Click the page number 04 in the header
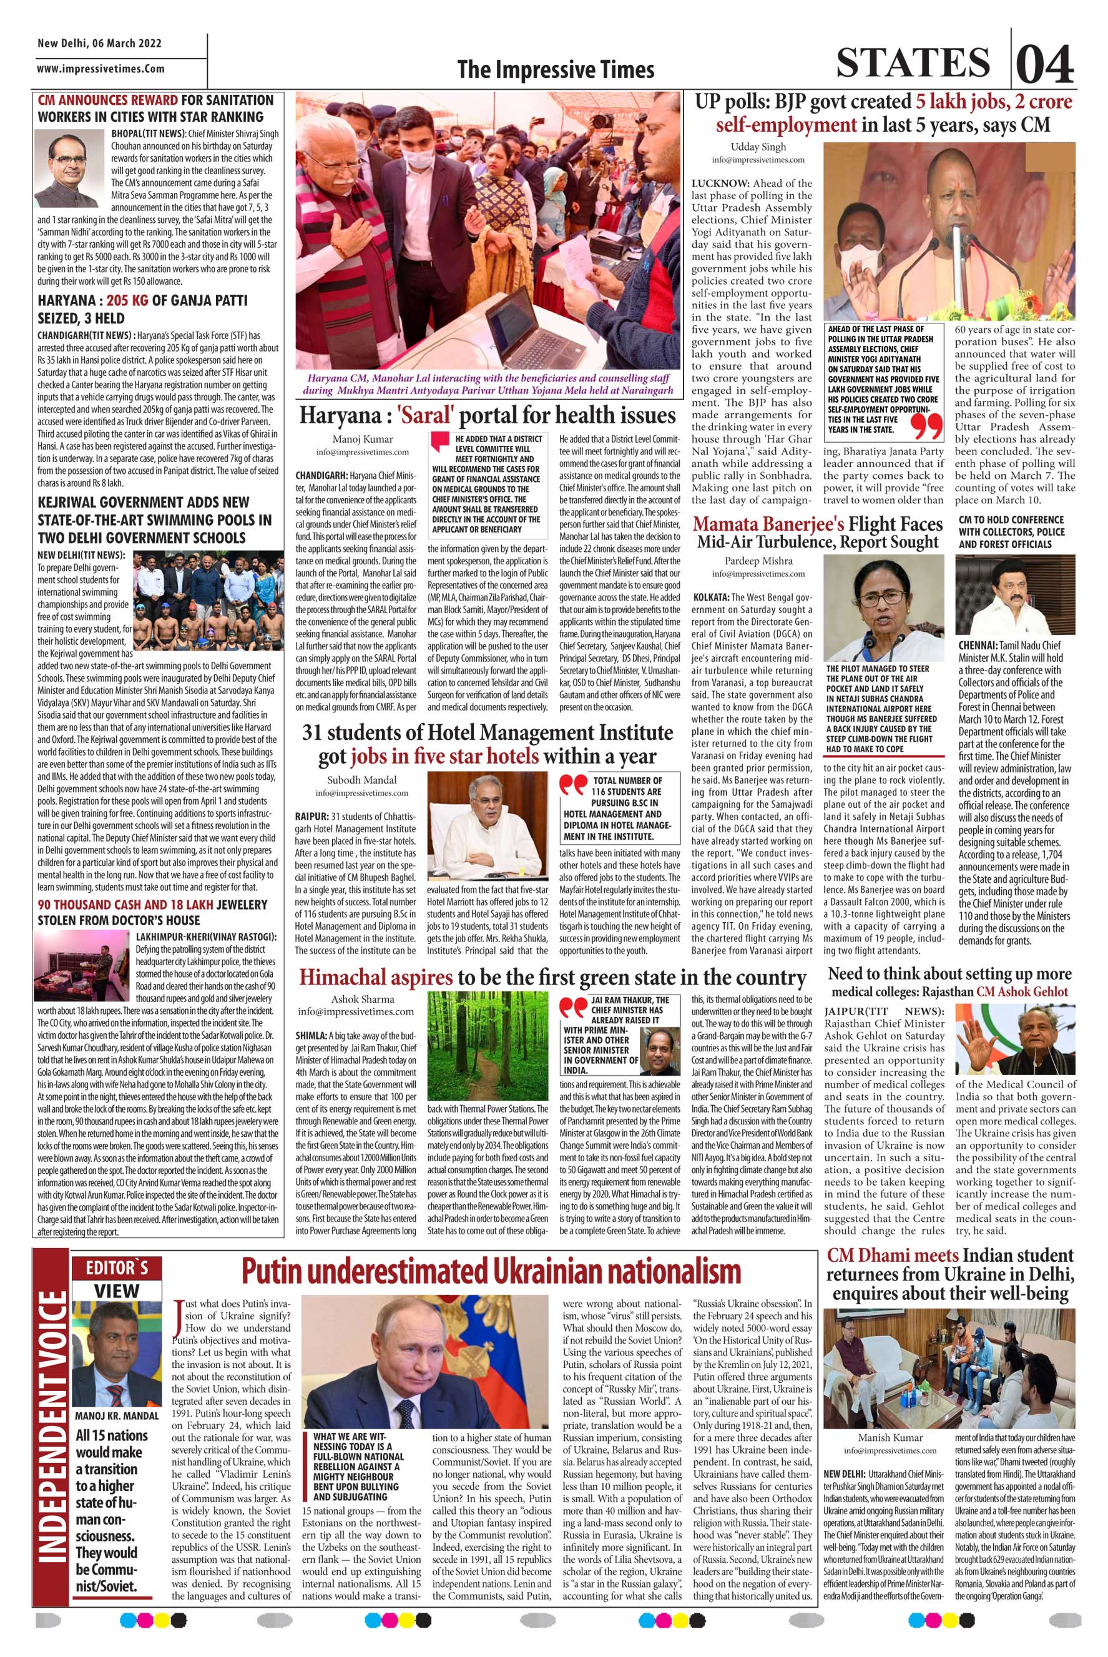point(1044,65)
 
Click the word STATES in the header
point(913,63)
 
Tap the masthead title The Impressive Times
point(555,70)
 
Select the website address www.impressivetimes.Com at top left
point(101,69)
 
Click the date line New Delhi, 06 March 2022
point(100,44)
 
